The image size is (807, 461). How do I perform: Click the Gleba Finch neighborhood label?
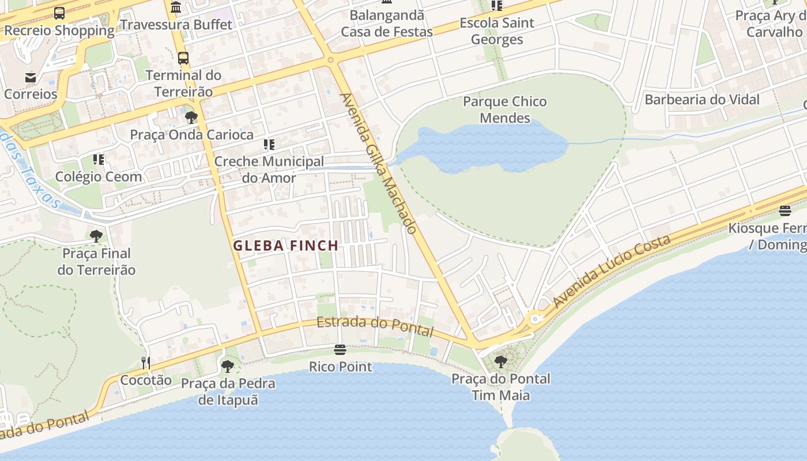[285, 245]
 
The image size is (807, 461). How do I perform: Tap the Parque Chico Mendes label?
[505, 109]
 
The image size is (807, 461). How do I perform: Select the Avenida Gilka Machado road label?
[378, 164]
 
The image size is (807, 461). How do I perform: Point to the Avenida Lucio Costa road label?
[612, 271]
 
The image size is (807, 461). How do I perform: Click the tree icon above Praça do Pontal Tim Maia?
[501, 362]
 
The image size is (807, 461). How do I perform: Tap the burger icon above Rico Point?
[340, 350]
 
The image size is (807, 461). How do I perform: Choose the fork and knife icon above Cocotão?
[146, 362]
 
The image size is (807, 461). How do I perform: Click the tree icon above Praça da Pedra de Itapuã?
[228, 366]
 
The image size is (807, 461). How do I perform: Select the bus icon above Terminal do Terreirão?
[183, 58]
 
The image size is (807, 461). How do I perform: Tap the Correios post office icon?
[31, 77]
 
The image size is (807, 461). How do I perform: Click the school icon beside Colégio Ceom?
[99, 159]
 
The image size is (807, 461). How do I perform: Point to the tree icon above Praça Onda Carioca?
[191, 118]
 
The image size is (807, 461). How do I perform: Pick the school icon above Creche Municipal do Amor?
[269, 144]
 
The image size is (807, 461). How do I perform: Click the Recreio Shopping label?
[59, 30]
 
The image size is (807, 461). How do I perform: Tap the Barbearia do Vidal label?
[702, 99]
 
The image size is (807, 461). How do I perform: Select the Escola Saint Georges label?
[497, 31]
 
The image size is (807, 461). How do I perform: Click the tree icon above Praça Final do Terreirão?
[96, 236]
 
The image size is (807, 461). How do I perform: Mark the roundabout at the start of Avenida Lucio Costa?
[536, 318]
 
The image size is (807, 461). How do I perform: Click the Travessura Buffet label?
[176, 24]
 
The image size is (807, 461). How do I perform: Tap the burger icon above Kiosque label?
[785, 210]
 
